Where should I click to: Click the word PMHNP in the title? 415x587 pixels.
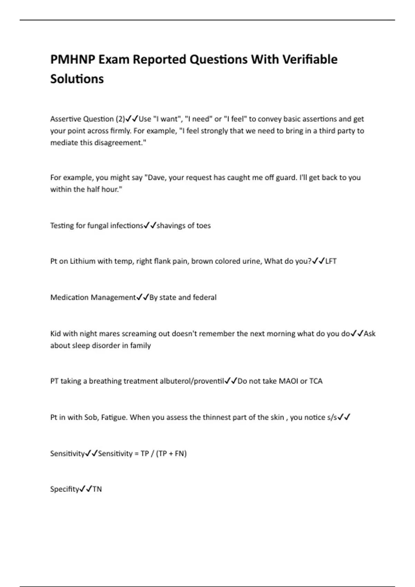[73, 59]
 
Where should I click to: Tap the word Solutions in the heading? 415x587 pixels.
[77, 79]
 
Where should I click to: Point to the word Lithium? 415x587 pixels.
[83, 261]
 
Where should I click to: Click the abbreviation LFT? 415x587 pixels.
[331, 261]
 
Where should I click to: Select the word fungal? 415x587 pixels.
[98, 226]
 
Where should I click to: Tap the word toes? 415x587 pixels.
[203, 226]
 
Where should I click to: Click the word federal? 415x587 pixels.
[205, 297]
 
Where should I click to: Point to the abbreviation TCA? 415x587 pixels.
[316, 381]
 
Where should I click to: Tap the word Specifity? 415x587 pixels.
[65, 489]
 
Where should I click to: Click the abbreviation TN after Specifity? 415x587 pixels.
[97, 489]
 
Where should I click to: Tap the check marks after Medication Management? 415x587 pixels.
[142, 297]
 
